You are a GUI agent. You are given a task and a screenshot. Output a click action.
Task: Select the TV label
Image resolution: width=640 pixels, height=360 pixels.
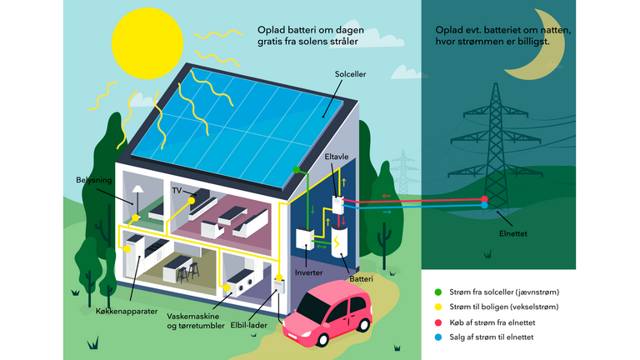pyautogui.click(x=177, y=191)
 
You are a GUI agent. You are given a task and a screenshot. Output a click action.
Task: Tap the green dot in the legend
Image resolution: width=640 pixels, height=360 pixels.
pyautogui.click(x=438, y=291)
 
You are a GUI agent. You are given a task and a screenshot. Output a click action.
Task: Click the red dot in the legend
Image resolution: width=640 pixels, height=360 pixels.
pyautogui.click(x=438, y=321)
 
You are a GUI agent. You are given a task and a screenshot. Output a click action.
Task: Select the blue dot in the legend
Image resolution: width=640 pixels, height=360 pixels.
pyautogui.click(x=438, y=336)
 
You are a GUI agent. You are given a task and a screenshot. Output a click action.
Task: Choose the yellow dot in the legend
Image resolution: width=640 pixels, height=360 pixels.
pyautogui.click(x=438, y=306)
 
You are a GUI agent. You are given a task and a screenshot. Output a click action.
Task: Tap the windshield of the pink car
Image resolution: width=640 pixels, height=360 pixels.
pyautogui.click(x=315, y=298)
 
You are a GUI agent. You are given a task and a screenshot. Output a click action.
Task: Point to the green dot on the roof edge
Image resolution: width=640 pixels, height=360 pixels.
pyautogui.click(x=295, y=170)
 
